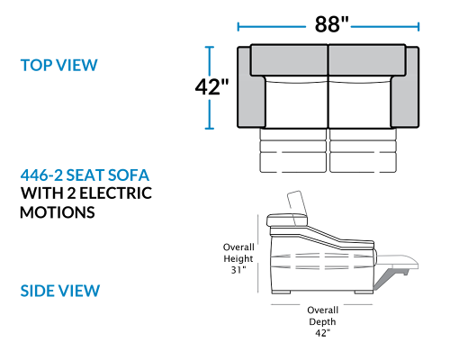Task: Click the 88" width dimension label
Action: pyautogui.click(x=331, y=24)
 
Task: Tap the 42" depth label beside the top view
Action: pyautogui.click(x=211, y=87)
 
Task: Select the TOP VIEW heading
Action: pyautogui.click(x=59, y=65)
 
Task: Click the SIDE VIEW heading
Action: pyautogui.click(x=60, y=291)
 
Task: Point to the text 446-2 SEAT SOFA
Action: pyautogui.click(x=85, y=175)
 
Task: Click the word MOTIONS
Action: pyautogui.click(x=58, y=212)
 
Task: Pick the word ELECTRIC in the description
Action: pyautogui.click(x=116, y=193)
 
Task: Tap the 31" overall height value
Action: pyautogui.click(x=238, y=270)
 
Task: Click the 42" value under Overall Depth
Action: pyautogui.click(x=322, y=333)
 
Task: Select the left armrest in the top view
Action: pyautogui.click(x=251, y=88)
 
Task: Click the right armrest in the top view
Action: pyautogui.click(x=405, y=88)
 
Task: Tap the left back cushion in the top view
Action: pyautogui.click(x=289, y=60)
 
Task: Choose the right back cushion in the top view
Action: pyautogui.click(x=367, y=60)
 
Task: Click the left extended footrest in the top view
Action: pyautogui.click(x=293, y=150)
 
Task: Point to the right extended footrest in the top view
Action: pyautogui.click(x=364, y=150)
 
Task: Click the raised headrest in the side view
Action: pyautogui.click(x=297, y=207)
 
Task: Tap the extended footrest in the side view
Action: pyautogui.click(x=397, y=262)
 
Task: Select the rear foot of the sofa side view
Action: pyautogui.click(x=282, y=292)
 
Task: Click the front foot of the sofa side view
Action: pyautogui.click(x=364, y=292)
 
